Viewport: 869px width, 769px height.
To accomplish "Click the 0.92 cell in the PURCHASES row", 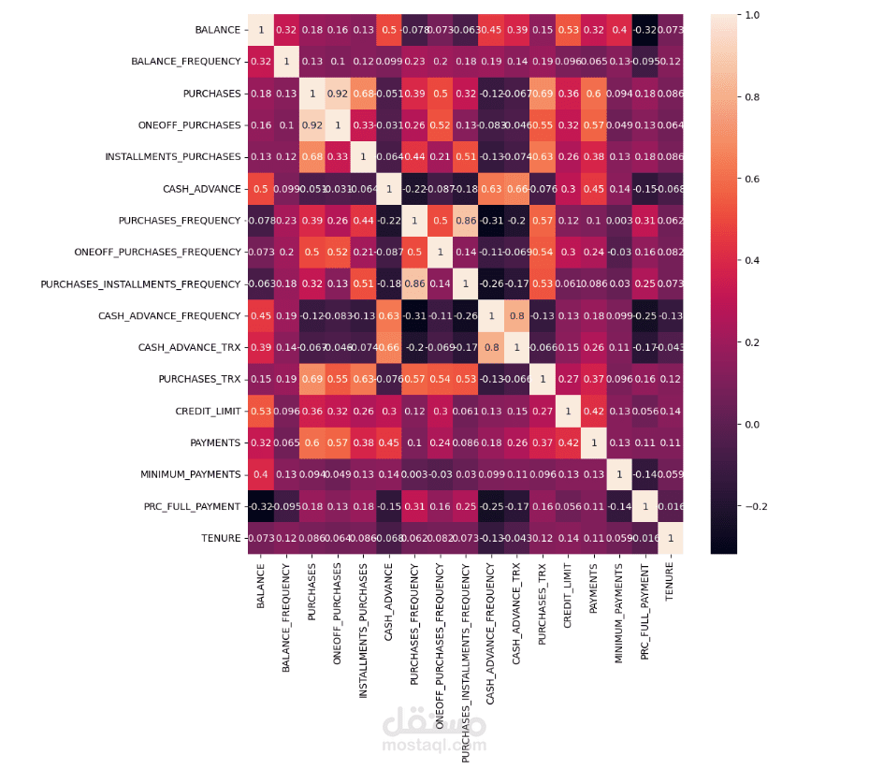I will click(338, 94).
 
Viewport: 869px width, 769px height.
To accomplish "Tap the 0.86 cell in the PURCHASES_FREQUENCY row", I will click(465, 221).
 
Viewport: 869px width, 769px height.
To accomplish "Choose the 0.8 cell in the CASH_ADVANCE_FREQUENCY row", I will click(515, 316).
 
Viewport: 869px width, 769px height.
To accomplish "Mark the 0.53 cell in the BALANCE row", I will click(566, 30).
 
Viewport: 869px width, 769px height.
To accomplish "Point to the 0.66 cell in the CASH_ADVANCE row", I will click(515, 189).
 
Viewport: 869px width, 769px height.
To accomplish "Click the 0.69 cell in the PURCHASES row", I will click(541, 94).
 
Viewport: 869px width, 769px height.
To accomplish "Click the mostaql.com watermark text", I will click(434, 746).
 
